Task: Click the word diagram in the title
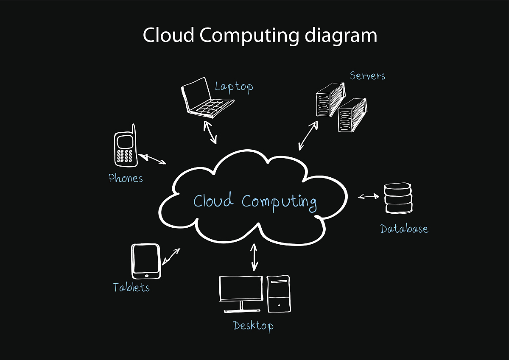[341, 35]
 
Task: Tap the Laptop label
[234, 87]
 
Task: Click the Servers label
[367, 76]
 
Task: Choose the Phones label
[126, 178]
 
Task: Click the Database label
[404, 229]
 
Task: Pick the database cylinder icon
[398, 198]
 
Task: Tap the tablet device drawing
[146, 261]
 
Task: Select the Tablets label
[131, 287]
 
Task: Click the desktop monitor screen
[241, 288]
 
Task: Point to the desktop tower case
[279, 293]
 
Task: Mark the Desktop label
[253, 326]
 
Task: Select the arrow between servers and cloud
[308, 136]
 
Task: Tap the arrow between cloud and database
[368, 196]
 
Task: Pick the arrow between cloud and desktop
[254, 257]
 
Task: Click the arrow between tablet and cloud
[171, 256]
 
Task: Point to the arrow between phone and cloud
[153, 159]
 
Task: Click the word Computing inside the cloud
[280, 201]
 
